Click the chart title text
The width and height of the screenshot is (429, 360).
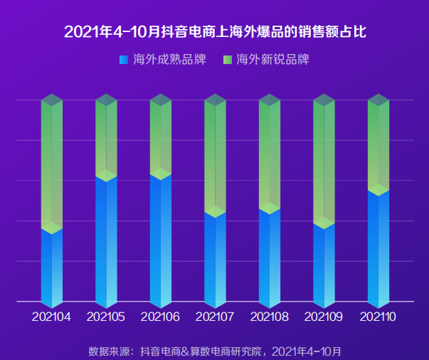point(214,32)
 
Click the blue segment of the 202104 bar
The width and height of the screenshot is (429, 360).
point(51,267)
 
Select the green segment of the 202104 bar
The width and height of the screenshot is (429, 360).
point(51,164)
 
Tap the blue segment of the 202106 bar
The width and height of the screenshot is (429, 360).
point(160,238)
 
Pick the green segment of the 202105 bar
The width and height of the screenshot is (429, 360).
point(106,139)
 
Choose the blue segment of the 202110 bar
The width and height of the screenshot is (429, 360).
point(378,245)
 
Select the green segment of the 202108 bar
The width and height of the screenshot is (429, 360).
point(269,153)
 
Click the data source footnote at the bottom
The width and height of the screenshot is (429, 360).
point(214,351)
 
